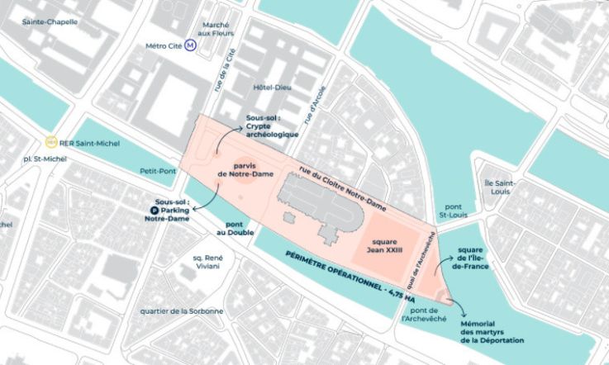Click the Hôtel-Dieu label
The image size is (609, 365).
[x=269, y=88]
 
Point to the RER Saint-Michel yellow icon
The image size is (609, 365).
[x=51, y=142]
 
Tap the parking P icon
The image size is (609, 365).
[x=154, y=210]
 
